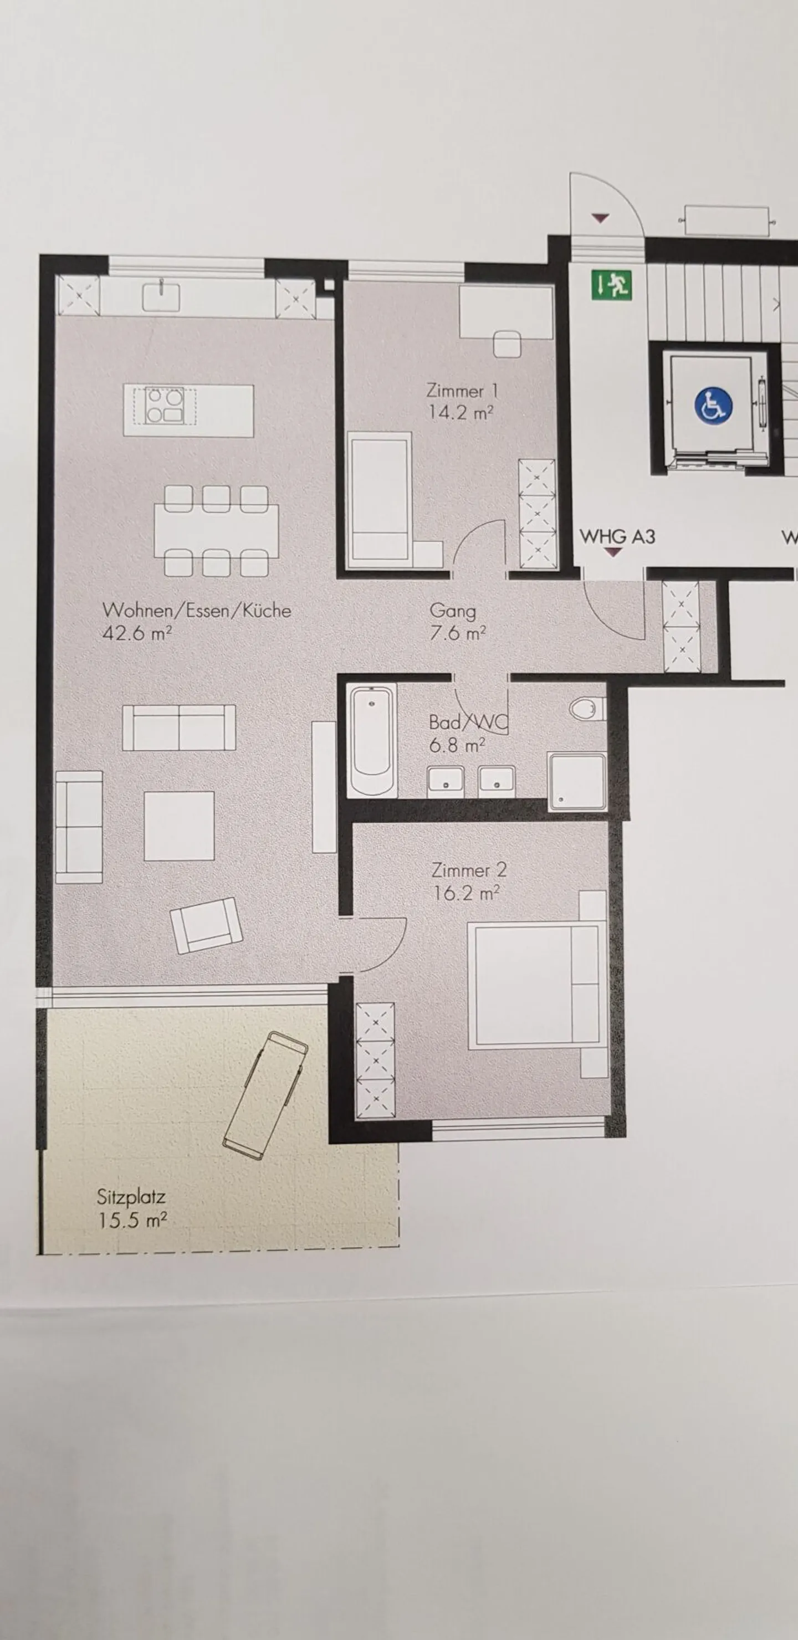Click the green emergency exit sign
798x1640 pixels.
tap(612, 285)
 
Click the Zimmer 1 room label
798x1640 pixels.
tap(462, 389)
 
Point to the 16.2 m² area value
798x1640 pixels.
tap(465, 893)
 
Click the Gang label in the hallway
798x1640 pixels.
tap(453, 611)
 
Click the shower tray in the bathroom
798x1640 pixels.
tap(577, 782)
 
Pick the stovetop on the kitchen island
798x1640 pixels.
tap(165, 406)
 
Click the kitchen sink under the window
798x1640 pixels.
tap(161, 296)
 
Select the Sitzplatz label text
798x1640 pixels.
tap(131, 1197)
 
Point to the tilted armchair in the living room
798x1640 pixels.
tap(206, 925)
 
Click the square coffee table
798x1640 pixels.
tap(179, 826)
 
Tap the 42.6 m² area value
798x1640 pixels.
tap(137, 633)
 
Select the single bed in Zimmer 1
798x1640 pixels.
tap(380, 500)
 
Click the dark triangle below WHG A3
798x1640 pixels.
tap(613, 552)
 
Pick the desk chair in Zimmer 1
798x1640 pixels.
tap(507, 344)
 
